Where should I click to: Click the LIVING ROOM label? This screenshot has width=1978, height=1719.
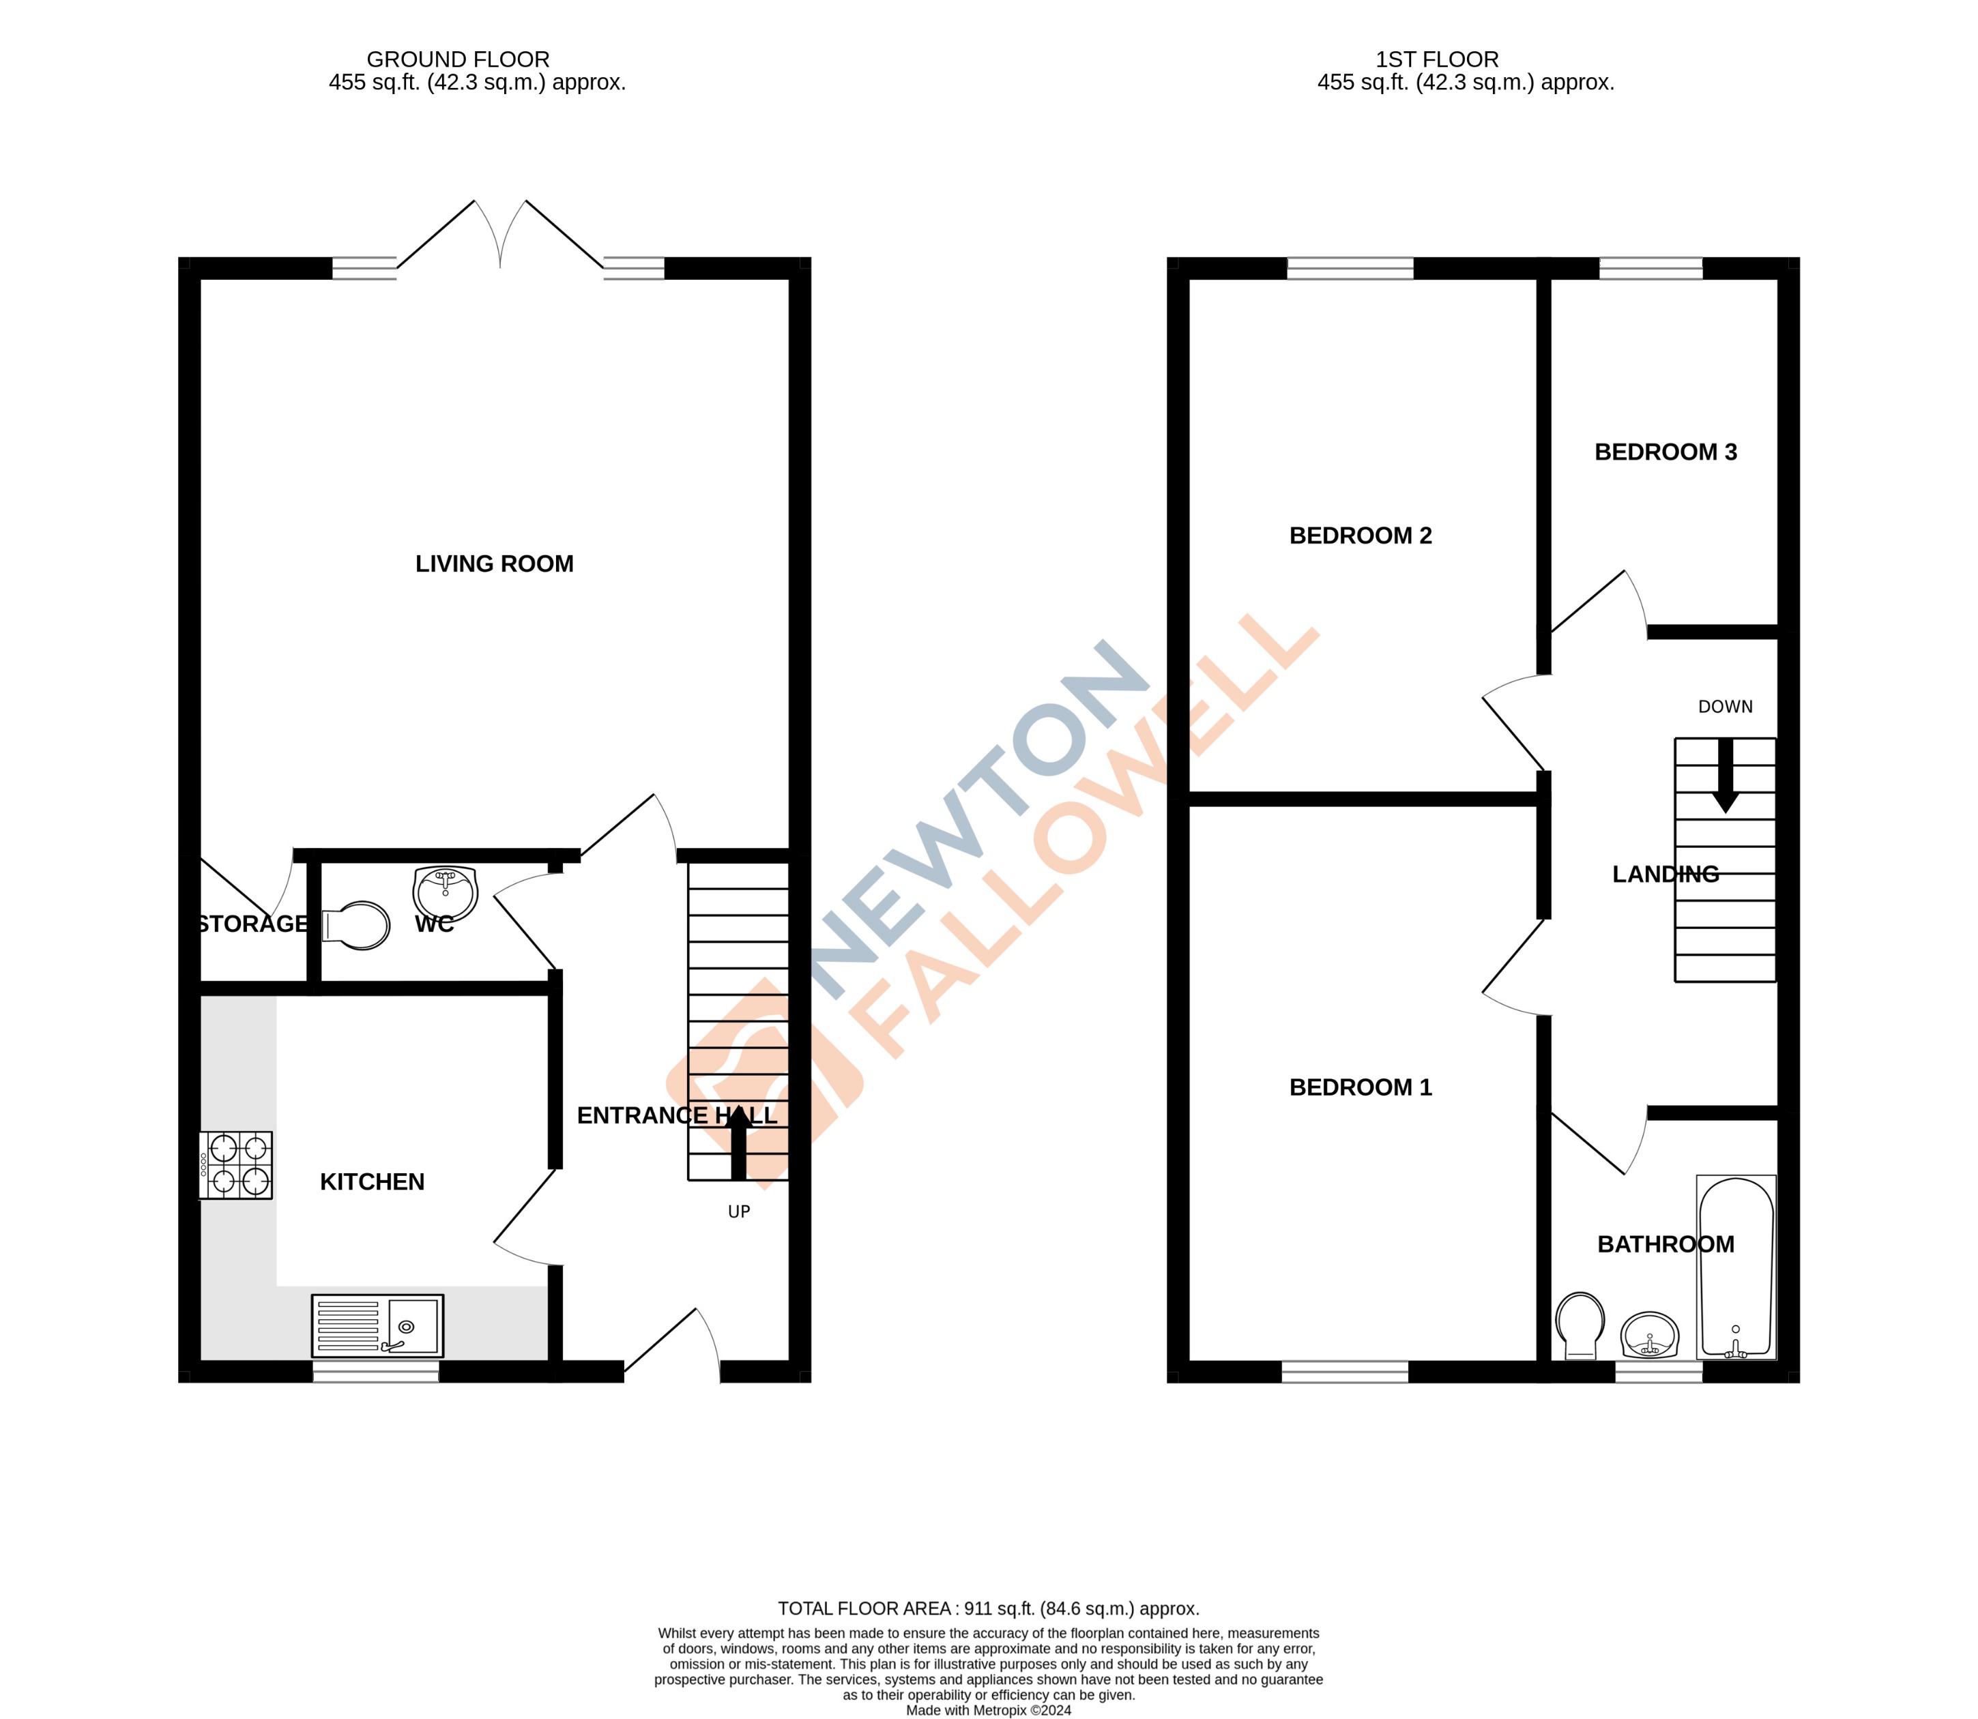pos(494,564)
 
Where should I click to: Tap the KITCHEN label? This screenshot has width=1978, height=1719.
pos(372,1181)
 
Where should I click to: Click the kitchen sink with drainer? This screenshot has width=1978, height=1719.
pos(378,1325)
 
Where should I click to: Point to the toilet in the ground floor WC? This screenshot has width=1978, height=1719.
pos(357,926)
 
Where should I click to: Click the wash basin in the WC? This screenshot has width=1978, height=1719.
pos(445,892)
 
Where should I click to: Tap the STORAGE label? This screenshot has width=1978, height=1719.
pos(252,924)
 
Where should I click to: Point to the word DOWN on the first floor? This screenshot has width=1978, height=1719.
pos(1725,707)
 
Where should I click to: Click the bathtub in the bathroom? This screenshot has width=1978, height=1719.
pos(1736,1267)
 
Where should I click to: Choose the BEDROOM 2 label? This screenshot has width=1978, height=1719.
pos(1361,536)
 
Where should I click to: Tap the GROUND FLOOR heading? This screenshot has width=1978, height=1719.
pos(459,59)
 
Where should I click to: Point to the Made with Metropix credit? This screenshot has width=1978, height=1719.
pos(988,1710)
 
